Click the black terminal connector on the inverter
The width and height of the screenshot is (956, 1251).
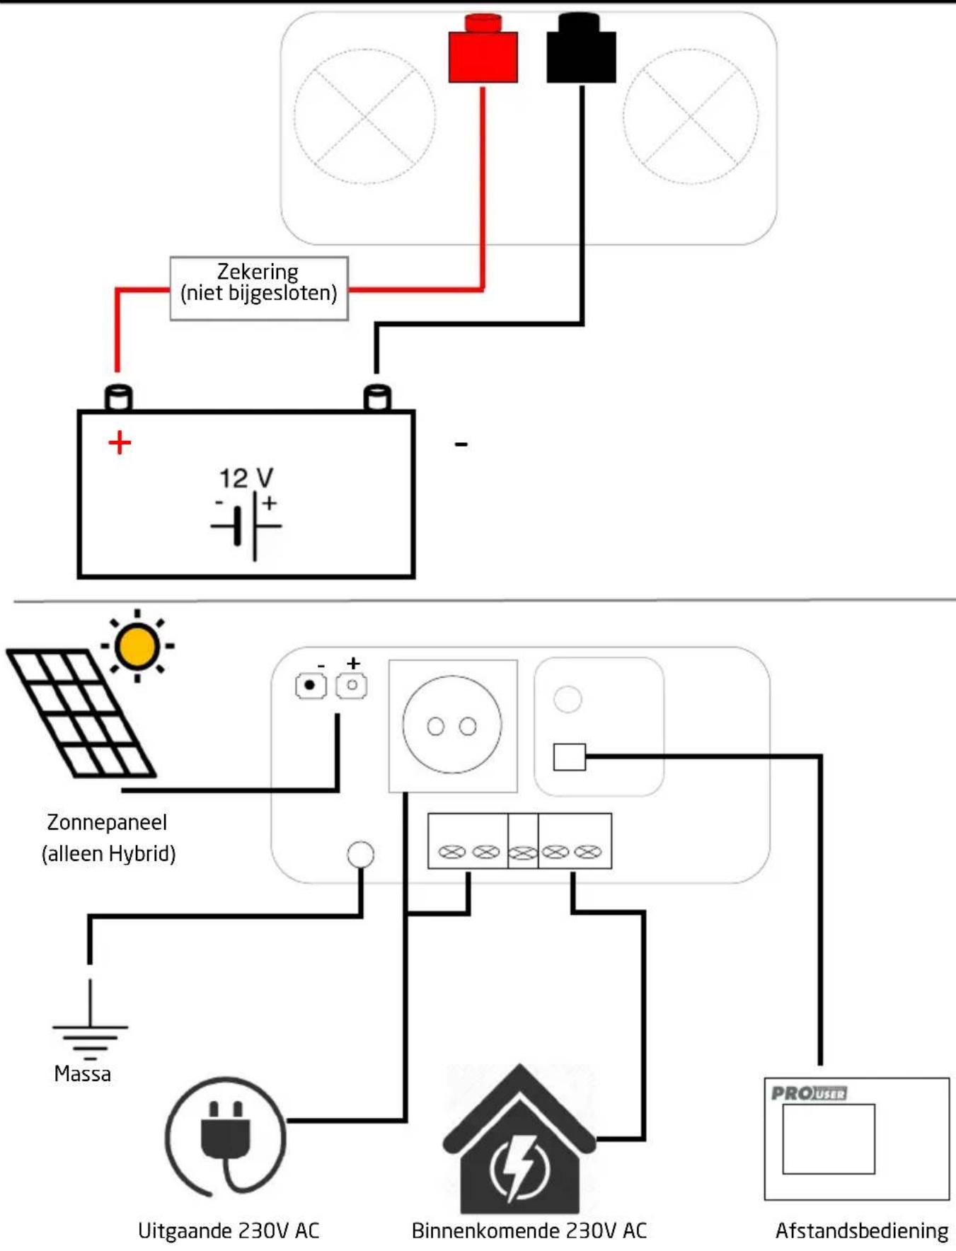581,48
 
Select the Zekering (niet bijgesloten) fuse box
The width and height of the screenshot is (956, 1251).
259,289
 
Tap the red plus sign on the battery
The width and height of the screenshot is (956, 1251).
120,443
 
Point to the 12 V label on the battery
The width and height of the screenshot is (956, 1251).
246,478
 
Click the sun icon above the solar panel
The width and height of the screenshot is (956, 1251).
137,646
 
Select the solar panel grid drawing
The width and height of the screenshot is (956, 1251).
81,713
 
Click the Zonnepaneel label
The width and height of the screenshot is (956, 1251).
108,822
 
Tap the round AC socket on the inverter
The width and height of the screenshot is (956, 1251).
452,725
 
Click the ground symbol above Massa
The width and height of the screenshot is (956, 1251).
90,1019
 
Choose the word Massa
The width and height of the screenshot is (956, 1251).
83,1074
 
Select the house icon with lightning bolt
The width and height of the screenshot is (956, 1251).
519,1139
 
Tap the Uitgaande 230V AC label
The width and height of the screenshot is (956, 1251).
229,1230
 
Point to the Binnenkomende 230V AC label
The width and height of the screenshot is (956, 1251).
529,1230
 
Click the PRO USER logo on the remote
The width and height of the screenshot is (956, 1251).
809,1093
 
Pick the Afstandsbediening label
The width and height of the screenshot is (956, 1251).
862,1230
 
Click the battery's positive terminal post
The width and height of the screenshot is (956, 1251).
118,398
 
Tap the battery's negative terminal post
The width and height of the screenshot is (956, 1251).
377,398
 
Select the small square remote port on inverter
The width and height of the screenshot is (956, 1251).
570,757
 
